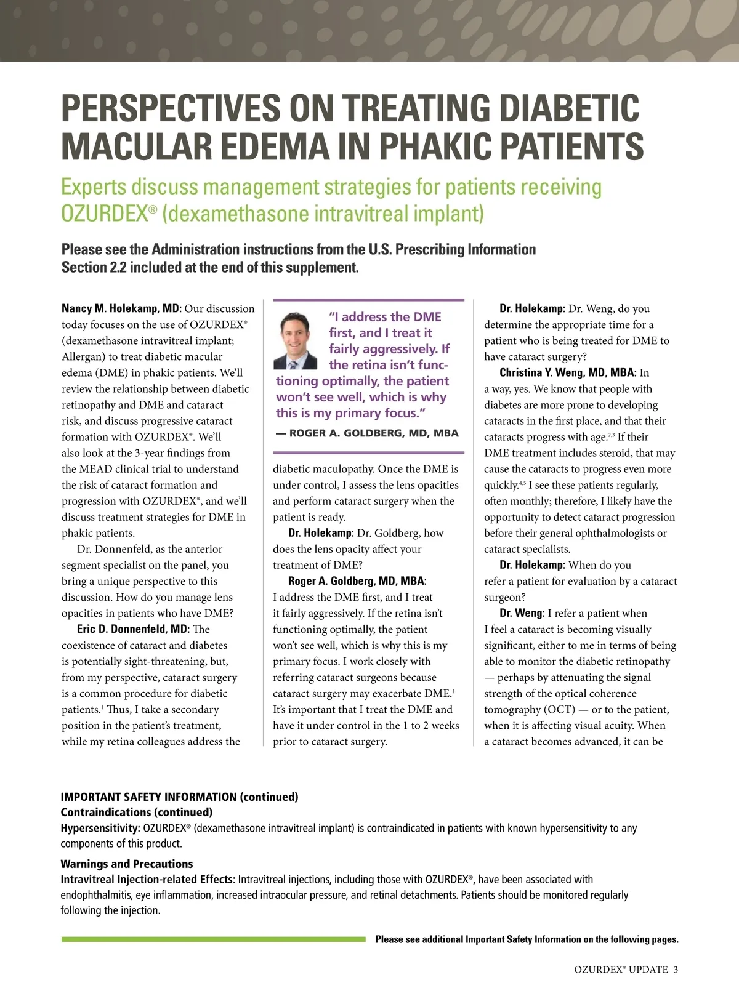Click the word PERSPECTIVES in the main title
coord(169,109)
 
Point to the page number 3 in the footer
coord(676,970)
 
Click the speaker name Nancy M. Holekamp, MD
coord(121,308)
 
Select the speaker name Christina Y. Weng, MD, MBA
coord(567,372)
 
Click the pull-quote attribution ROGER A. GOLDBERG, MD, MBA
coord(368,433)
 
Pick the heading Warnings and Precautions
coord(127,864)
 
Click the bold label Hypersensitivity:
coord(100,828)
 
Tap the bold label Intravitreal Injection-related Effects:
coord(148,880)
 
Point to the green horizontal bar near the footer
coord(213,939)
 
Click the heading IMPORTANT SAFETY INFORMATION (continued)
coord(179,797)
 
